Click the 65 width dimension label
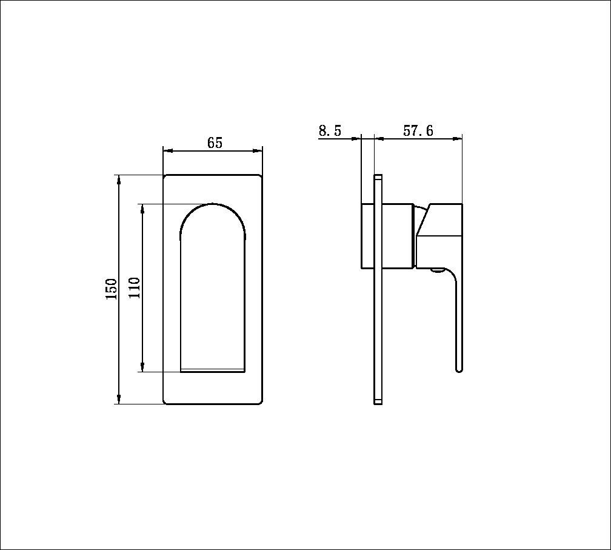[x=215, y=143]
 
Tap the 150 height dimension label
[x=111, y=289]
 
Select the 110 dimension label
[x=134, y=287]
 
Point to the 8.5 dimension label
[x=330, y=131]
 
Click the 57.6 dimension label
[x=418, y=131]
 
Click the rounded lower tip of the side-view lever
[x=459, y=369]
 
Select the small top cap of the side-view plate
[x=378, y=178]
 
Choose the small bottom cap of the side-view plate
[x=378, y=401]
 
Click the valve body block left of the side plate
[x=368, y=236]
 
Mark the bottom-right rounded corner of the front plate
[x=259, y=401]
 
